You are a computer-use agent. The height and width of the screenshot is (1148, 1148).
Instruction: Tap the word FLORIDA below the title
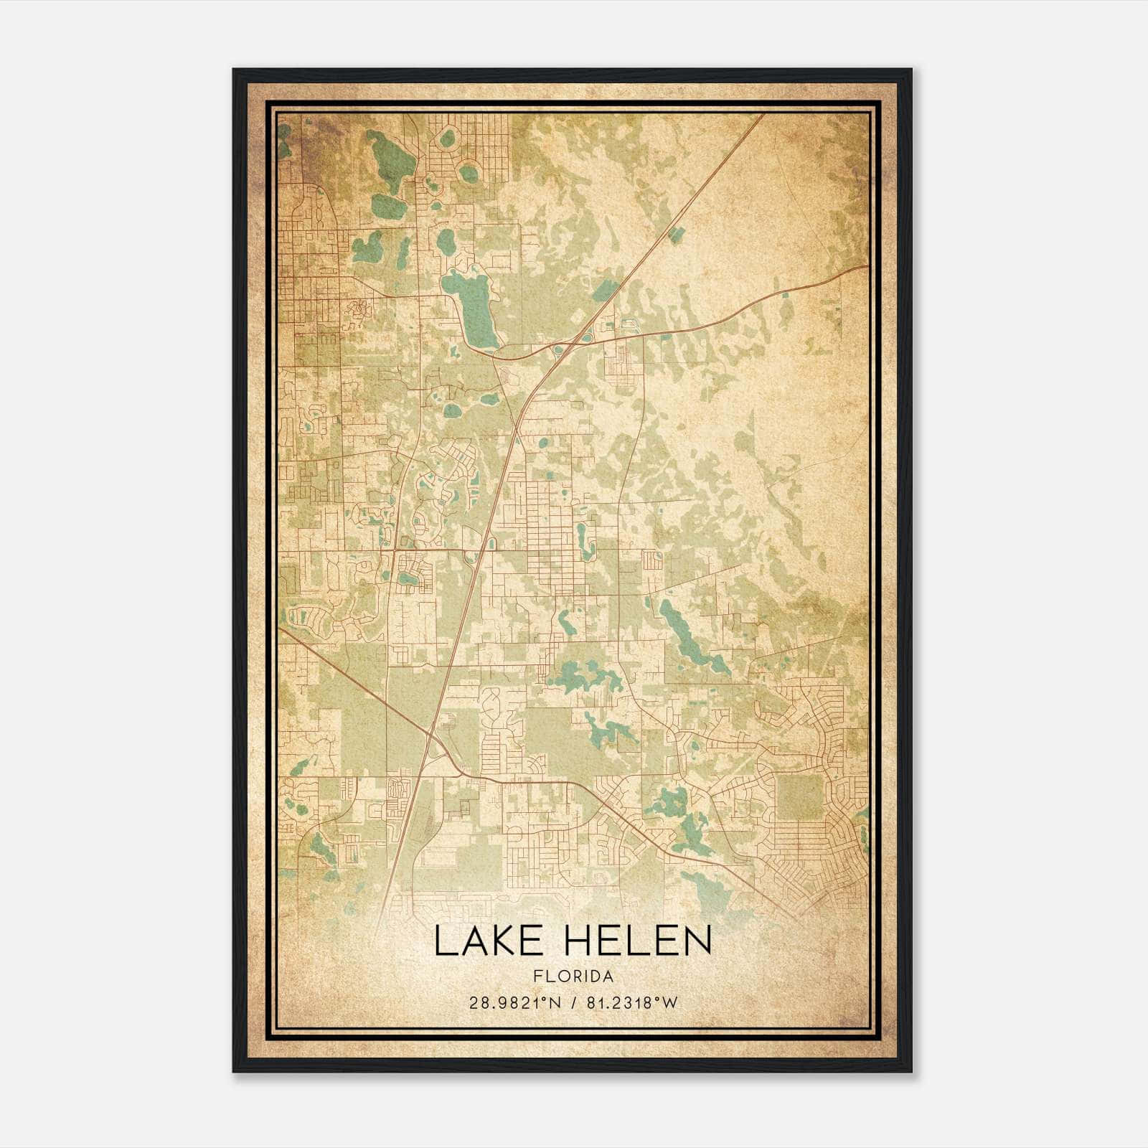click(x=573, y=976)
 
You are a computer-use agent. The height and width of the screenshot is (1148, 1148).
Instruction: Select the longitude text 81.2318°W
click(x=631, y=1003)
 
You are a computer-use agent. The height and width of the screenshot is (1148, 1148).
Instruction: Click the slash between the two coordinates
click(x=572, y=1003)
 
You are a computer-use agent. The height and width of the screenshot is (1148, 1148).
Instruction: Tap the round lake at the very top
click(x=448, y=138)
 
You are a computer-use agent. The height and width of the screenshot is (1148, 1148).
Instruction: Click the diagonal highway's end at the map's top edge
click(x=762, y=116)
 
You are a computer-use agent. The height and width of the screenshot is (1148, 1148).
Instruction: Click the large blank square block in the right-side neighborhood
click(x=800, y=796)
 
